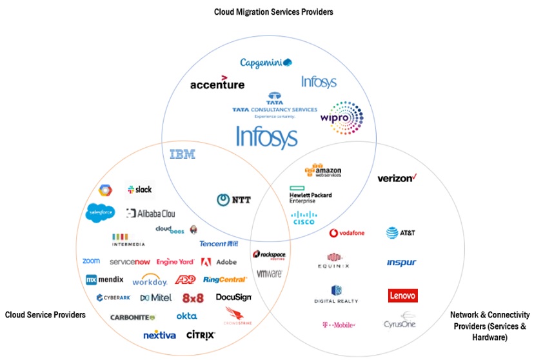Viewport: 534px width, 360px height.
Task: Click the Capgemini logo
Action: [x=266, y=63]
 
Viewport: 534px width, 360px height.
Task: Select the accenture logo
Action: [x=217, y=84]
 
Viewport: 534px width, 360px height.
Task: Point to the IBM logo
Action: [x=182, y=154]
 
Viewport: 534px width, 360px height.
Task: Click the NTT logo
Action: [x=233, y=201]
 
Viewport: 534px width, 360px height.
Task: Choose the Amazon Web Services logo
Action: [x=323, y=171]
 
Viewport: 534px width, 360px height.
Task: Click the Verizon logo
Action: [x=397, y=177]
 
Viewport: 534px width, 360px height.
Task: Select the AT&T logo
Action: [x=400, y=233]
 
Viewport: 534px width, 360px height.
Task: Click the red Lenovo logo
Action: [x=403, y=295]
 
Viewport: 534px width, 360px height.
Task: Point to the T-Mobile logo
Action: [x=338, y=325]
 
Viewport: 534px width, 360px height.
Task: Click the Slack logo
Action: [x=140, y=189]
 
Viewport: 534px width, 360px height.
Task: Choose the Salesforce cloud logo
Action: [x=101, y=212]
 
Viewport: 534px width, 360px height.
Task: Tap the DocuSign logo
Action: [x=233, y=297]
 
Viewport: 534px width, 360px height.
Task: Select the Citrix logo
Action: [x=201, y=335]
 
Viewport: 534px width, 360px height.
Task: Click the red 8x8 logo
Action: [x=193, y=298]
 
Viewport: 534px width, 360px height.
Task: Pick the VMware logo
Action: [x=270, y=274]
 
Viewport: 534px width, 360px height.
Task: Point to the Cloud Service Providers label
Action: [x=45, y=315]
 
